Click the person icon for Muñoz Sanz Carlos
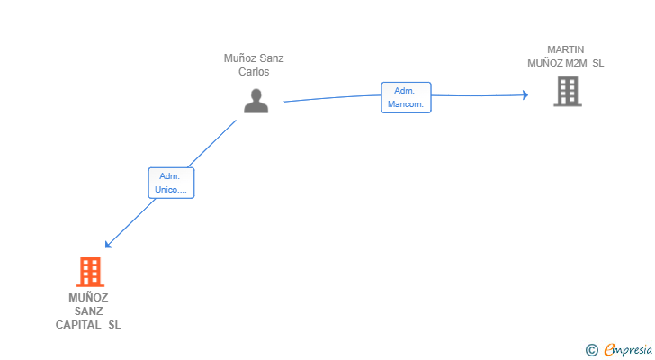[256, 101]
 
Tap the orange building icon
[90, 272]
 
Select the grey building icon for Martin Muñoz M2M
[568, 92]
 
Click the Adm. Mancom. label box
[406, 97]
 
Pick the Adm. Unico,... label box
[171, 183]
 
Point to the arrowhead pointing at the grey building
[525, 95]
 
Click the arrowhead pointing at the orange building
[108, 244]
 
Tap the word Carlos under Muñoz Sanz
[254, 72]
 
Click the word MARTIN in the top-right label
[566, 49]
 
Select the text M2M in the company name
[576, 64]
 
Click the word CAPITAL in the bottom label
[78, 325]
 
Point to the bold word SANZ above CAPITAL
[88, 311]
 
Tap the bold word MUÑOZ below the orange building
[88, 297]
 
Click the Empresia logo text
[628, 350]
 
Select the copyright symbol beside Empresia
[592, 350]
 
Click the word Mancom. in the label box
[406, 104]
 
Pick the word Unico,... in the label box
[170, 190]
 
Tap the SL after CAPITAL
[114, 325]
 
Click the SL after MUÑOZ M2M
[597, 64]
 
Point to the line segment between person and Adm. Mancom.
[333, 97]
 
